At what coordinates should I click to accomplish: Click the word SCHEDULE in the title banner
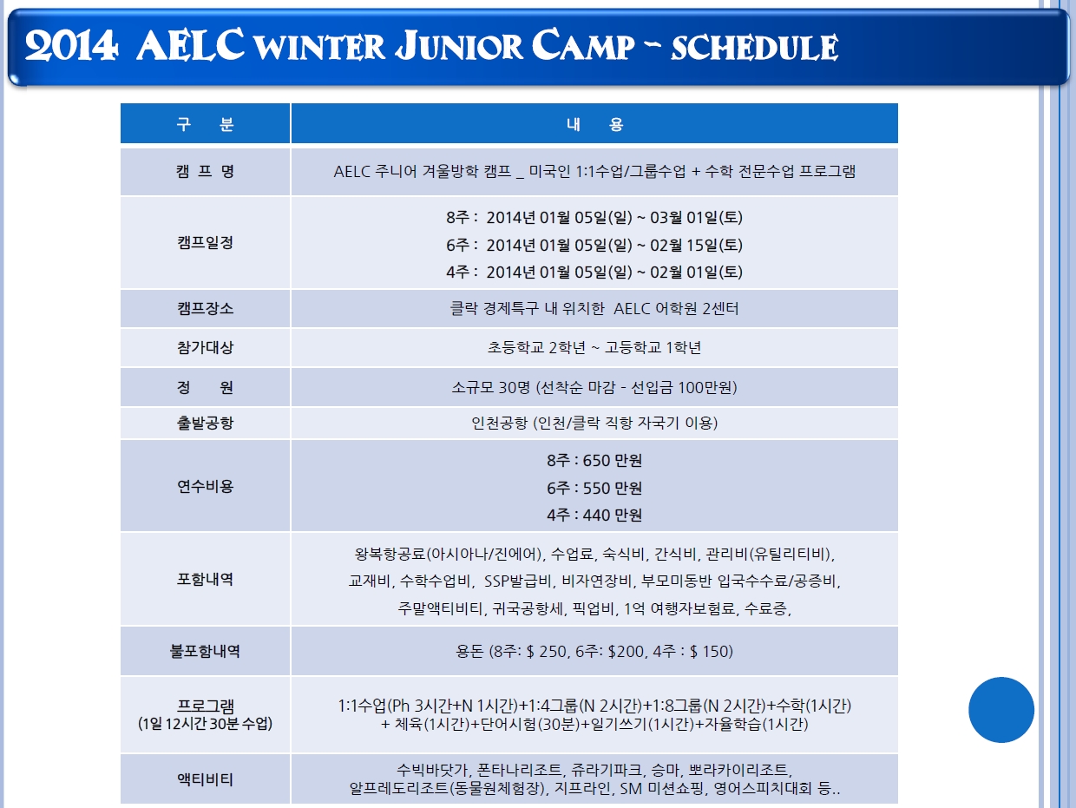click(x=754, y=48)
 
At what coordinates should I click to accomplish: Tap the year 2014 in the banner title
click(x=71, y=46)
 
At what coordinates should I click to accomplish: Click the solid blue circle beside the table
click(x=1001, y=709)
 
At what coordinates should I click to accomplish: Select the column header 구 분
click(x=205, y=124)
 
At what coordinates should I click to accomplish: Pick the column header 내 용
click(x=594, y=124)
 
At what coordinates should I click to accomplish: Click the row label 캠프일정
click(x=205, y=242)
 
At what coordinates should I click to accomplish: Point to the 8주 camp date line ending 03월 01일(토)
click(x=594, y=217)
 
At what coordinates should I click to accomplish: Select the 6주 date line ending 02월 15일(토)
click(x=594, y=245)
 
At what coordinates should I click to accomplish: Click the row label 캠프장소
click(x=205, y=308)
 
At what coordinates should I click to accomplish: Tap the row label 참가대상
click(x=205, y=348)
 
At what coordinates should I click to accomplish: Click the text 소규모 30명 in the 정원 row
click(x=490, y=387)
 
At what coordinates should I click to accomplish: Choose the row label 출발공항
click(x=205, y=423)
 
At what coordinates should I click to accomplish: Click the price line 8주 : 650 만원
click(x=594, y=460)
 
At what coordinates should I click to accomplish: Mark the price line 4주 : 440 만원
click(x=594, y=515)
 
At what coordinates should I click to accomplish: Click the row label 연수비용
click(x=205, y=486)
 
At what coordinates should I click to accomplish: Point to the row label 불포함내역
click(x=205, y=651)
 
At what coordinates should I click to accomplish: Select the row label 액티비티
click(x=205, y=779)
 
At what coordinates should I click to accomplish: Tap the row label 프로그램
click(x=205, y=706)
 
